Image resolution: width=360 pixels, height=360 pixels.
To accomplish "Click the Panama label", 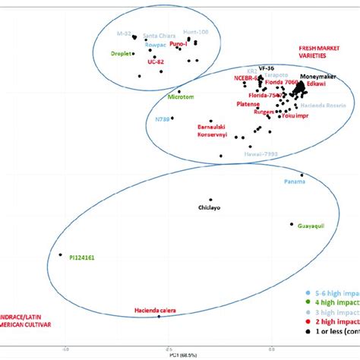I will [x=295, y=182].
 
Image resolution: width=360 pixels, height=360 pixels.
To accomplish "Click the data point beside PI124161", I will [x=60, y=255].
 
